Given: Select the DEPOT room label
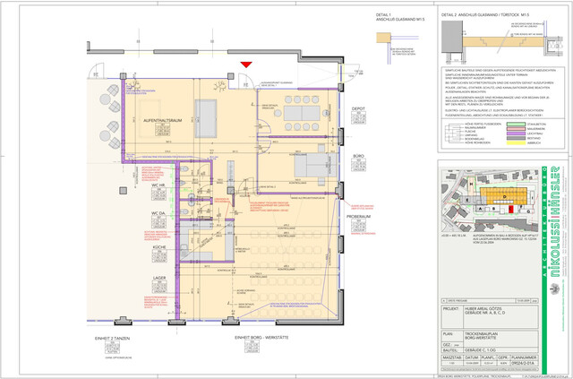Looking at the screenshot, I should [x=357, y=108].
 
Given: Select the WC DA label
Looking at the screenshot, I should [x=158, y=213].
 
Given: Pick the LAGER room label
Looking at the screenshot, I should [x=159, y=278].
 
